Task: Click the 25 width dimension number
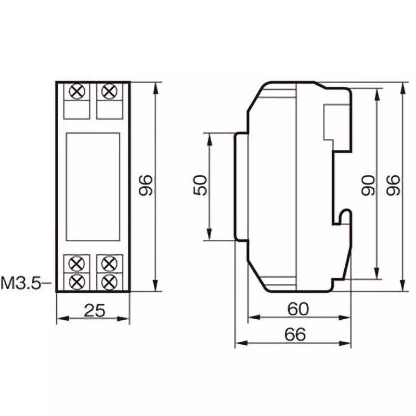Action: (94, 310)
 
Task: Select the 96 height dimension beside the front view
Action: (146, 186)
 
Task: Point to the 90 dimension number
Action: (369, 185)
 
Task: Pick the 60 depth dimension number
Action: (298, 309)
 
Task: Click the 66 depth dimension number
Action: (294, 334)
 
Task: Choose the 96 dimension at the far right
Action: (394, 186)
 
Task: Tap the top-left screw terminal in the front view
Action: (77, 92)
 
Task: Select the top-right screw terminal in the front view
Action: (109, 92)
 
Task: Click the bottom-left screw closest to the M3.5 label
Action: (77, 282)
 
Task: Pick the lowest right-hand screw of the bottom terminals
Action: (109, 282)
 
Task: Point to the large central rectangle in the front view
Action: (93, 186)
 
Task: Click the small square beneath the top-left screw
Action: (77, 110)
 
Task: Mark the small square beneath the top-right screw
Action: (109, 110)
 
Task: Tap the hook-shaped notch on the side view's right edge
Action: (343, 216)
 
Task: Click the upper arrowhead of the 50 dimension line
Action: (209, 137)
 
